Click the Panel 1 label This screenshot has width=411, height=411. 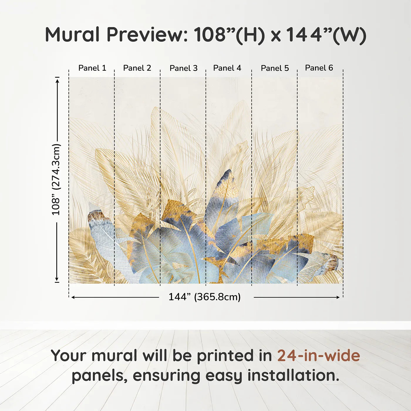coord(92,68)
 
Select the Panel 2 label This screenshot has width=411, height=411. coord(137,68)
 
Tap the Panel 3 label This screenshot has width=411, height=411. coord(183,68)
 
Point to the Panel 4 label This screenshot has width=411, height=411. coord(227,68)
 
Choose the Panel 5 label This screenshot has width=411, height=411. coord(275,68)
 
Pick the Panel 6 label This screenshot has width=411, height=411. coord(319,68)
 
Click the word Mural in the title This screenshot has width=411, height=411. coord(72,35)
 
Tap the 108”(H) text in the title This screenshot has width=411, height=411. coord(229,35)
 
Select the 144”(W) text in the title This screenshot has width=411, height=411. coord(326,35)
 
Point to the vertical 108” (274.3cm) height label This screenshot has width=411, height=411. coord(56,179)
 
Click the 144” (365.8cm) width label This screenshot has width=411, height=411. coord(204,297)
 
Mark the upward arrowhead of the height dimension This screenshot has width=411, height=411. coord(58,80)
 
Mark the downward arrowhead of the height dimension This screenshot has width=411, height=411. coord(57,279)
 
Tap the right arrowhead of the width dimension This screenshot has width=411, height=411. coord(338,297)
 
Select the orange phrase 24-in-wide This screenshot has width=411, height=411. coord(319,356)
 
